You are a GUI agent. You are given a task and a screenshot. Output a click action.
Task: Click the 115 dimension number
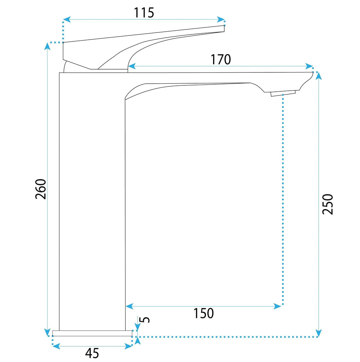tap(144, 13)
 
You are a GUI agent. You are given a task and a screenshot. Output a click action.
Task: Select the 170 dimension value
tap(220, 59)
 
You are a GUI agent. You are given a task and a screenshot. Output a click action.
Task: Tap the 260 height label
tap(41, 189)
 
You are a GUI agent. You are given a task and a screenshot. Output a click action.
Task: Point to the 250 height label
tap(328, 204)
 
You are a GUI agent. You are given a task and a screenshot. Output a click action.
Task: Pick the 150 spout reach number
tap(204, 313)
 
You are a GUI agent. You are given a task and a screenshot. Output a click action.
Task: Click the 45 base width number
tap(92, 353)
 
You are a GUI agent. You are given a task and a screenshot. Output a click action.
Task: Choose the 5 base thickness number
tap(145, 319)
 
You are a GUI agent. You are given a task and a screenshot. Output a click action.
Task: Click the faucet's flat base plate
tap(92, 333)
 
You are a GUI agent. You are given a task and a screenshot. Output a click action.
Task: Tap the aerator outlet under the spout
tap(283, 93)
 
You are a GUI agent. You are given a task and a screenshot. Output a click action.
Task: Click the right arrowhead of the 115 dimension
tap(221, 20)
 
